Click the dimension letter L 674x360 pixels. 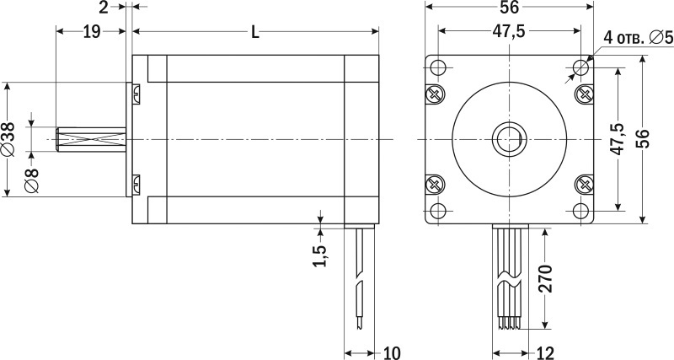click(255, 32)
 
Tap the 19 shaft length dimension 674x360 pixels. click(92, 32)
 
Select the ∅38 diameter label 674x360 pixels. click(9, 139)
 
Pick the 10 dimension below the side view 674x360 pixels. click(392, 353)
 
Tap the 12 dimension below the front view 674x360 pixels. click(545, 353)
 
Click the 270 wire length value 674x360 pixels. click(544, 279)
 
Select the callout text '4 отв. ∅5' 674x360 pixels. click(638, 38)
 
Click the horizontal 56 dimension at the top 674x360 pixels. click(510, 7)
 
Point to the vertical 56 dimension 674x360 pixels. click(643, 138)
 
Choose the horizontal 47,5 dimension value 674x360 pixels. click(509, 32)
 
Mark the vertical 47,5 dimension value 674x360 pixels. click(618, 138)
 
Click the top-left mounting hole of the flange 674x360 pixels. click(438, 67)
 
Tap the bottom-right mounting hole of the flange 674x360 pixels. click(581, 211)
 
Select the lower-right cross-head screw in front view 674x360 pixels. click(585, 185)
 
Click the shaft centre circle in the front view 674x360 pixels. click(510, 139)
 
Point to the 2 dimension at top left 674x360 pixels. click(104, 8)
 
